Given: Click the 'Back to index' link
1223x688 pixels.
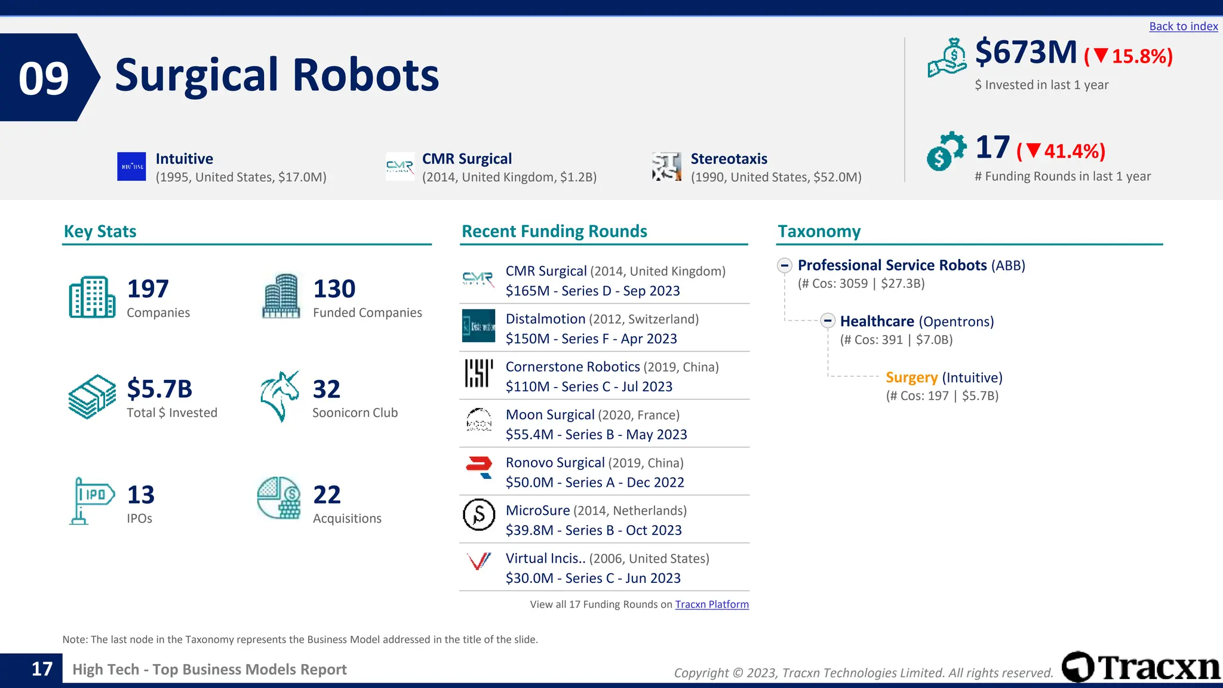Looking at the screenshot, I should tap(1183, 26).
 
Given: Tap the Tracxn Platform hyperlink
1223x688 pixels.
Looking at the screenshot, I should tap(712, 604).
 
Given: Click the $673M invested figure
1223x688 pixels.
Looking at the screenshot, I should tap(1026, 53).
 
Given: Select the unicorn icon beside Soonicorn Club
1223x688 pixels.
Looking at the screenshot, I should tap(279, 396).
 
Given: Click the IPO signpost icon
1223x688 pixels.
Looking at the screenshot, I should tap(91, 500).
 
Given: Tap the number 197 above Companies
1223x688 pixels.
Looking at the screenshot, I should tap(148, 289).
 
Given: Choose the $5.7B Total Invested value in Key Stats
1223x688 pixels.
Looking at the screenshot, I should tap(159, 389).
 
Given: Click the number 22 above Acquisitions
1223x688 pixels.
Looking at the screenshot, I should tap(327, 494).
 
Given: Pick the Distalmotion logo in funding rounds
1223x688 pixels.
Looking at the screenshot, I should tap(478, 326).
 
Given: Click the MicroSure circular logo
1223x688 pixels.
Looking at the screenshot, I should tap(479, 515).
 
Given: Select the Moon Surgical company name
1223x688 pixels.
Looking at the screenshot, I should tap(550, 414).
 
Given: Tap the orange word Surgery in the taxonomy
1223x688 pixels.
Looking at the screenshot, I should tap(911, 377).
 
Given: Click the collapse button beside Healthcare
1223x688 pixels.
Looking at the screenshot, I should tap(828, 321).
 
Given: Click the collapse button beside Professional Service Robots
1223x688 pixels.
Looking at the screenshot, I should tap(785, 265).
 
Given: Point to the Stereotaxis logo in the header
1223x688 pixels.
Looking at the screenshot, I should tap(666, 167).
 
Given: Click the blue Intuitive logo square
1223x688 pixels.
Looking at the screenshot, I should tap(131, 167).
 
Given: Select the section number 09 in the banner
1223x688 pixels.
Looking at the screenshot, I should tap(44, 78).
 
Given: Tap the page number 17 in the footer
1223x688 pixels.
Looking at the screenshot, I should tap(42, 669).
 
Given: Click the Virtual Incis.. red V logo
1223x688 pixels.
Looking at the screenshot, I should tap(479, 561).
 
